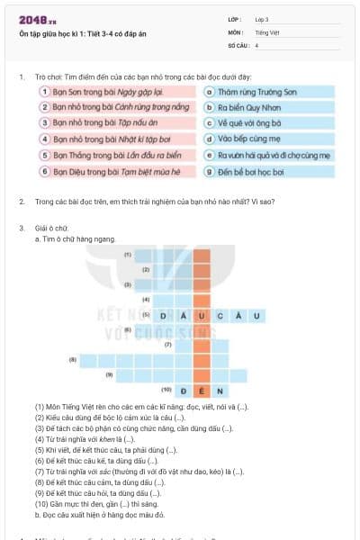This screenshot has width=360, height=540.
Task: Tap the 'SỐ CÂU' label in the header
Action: pyautogui.click(x=238, y=44)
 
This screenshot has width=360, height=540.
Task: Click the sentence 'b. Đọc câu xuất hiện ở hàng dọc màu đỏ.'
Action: pyautogui.click(x=100, y=514)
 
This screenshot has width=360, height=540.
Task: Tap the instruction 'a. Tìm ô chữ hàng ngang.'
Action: pyautogui.click(x=76, y=238)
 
